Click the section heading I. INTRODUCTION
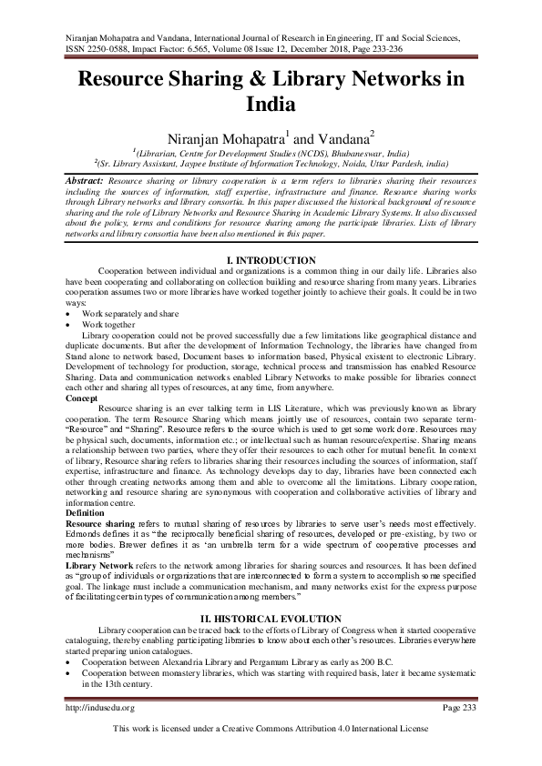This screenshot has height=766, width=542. tap(271, 260)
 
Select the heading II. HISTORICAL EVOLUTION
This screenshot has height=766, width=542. tap(271, 618)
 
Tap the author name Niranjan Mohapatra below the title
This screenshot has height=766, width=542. tap(221, 137)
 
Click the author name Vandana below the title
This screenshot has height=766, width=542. tap(342, 137)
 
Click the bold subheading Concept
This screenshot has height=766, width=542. tap(84, 398)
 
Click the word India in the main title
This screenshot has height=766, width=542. tap(271, 105)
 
